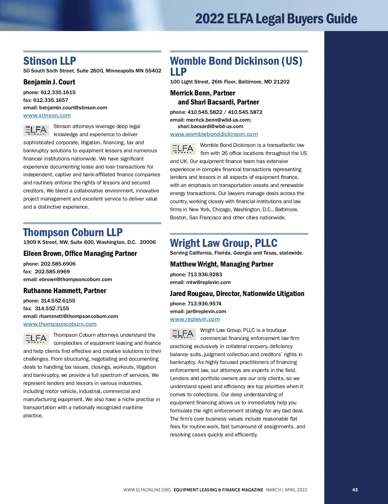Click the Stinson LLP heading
pos(50,61)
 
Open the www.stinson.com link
pos(47,115)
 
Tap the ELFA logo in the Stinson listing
pos(36,130)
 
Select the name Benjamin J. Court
pos(49,82)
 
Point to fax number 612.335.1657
pos(51,100)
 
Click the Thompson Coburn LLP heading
pos(73,232)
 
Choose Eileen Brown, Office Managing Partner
pos(80,254)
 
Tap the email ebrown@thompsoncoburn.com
pos(75,279)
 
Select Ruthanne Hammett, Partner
pos(65,291)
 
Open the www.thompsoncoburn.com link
pos(60,324)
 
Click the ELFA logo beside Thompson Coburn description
pos(36,339)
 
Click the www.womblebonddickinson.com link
pos(214,134)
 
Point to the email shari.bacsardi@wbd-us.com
pos(210,126)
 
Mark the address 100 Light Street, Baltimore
pos(230,82)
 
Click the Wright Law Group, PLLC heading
pos(224,243)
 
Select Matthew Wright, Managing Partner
pos(222,264)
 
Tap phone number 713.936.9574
pos(204,304)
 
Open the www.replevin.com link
pos(195,319)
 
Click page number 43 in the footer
pos(355,490)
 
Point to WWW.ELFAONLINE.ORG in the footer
pos(147,490)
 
